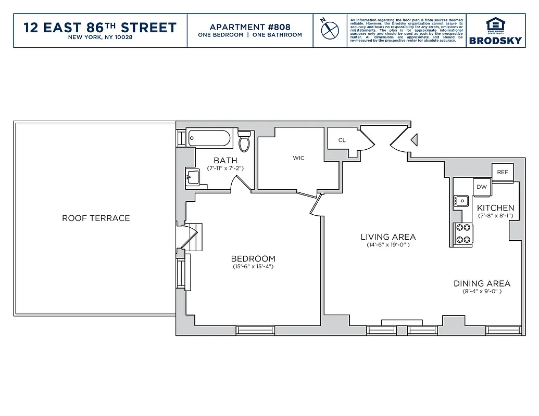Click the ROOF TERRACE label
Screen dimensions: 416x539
(x=96, y=218)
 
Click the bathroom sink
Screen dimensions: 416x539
(x=193, y=177)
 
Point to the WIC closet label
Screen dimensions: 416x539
(x=298, y=158)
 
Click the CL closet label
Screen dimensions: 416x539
(x=342, y=140)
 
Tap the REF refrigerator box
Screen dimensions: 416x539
(x=503, y=172)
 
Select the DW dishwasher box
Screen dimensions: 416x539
(x=481, y=187)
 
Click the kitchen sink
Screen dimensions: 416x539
(x=461, y=200)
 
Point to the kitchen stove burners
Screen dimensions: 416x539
(x=463, y=233)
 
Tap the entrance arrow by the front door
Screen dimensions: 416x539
(x=415, y=140)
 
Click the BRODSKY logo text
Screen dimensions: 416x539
(x=495, y=41)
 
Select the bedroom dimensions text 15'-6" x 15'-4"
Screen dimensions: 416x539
(x=253, y=267)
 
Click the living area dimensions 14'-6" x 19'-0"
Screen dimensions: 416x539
(x=388, y=244)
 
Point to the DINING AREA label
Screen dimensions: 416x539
(x=482, y=283)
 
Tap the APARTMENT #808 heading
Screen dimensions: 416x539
(x=250, y=27)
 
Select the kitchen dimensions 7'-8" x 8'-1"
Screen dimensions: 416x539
(x=496, y=215)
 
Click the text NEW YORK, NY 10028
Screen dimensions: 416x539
(x=100, y=37)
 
